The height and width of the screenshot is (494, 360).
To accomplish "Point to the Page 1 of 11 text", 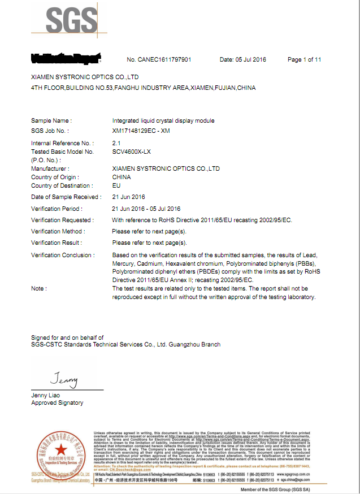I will (x=304, y=59).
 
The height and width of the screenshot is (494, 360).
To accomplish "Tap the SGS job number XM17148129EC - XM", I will (x=141, y=131).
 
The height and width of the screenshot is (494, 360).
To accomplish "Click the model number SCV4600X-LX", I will (x=131, y=151).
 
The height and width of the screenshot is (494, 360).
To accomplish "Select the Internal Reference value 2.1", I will (x=116, y=144).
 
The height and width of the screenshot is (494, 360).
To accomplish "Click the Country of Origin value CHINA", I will (x=122, y=177).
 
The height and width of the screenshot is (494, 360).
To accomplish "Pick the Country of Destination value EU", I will (x=116, y=185).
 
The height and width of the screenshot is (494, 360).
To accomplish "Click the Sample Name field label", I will (x=51, y=120).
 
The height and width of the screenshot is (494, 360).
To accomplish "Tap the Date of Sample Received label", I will (x=66, y=197).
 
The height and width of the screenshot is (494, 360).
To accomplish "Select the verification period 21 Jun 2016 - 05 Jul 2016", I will (x=146, y=209).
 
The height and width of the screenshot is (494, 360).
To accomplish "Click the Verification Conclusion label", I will (x=63, y=255).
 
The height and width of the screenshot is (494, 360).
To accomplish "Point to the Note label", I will (x=38, y=288).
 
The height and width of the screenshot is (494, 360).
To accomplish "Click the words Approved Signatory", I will (x=57, y=403).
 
